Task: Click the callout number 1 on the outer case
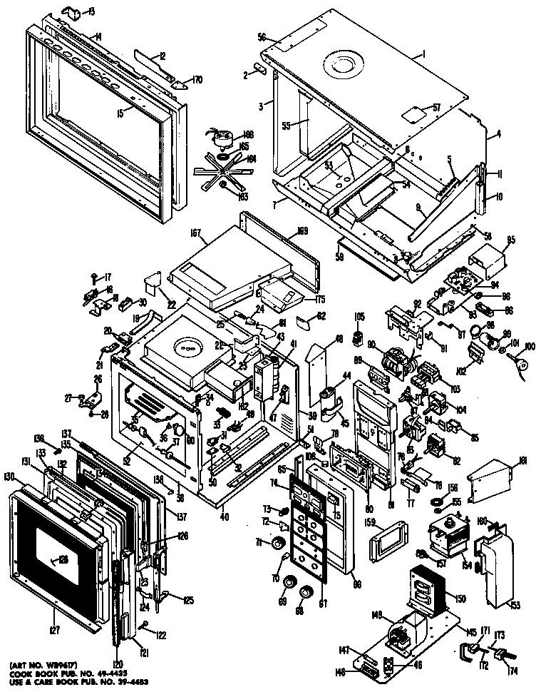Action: point(423,55)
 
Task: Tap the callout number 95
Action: point(510,239)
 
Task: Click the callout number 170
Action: point(197,81)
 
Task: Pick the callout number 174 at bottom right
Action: point(511,671)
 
